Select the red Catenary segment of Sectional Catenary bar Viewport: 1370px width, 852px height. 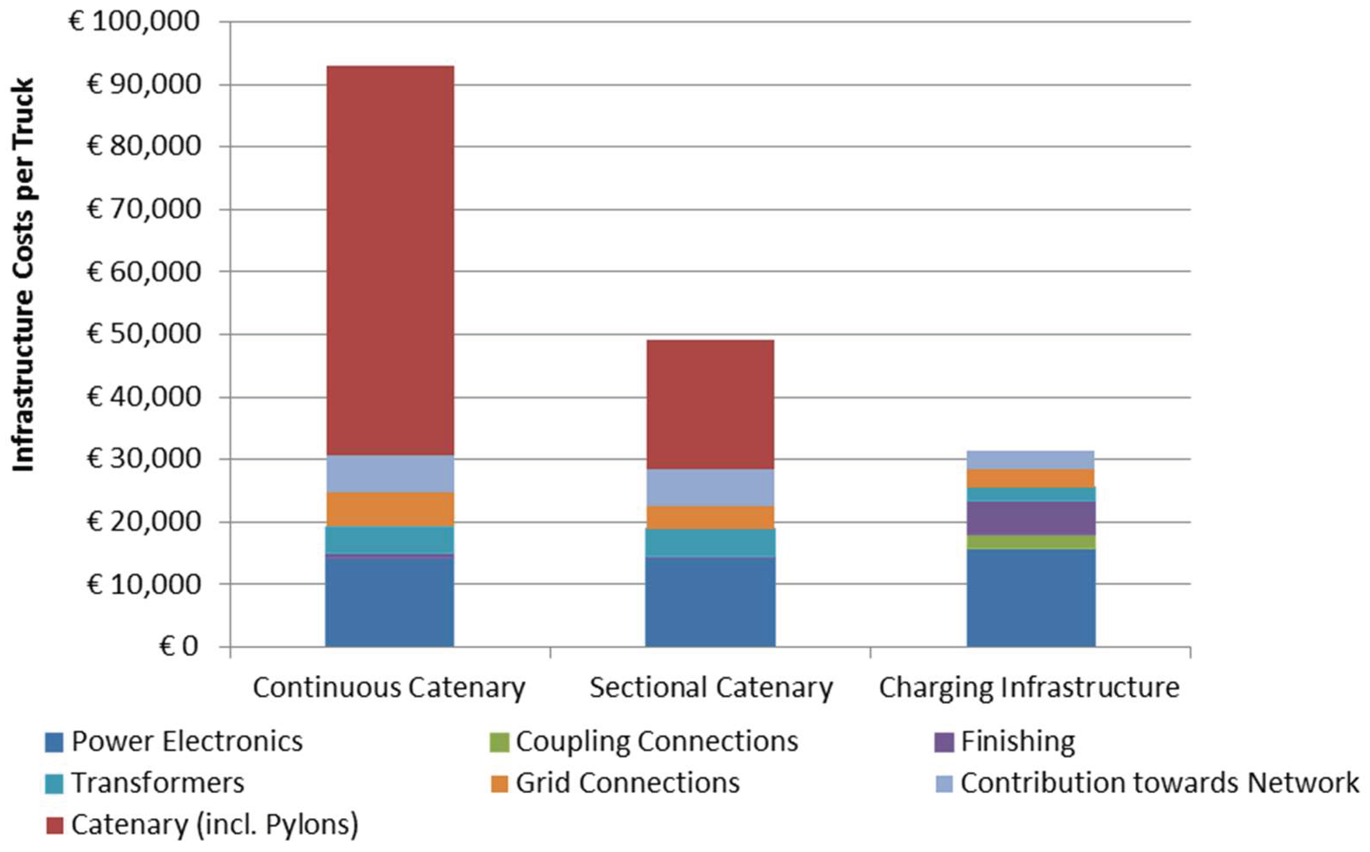[x=710, y=404]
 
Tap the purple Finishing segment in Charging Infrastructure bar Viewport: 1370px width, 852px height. [x=1031, y=518]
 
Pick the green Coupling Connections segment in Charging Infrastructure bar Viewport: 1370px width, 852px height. [x=1031, y=542]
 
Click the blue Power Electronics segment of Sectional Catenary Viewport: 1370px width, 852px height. [x=710, y=601]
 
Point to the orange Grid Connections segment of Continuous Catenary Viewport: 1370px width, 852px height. [x=390, y=509]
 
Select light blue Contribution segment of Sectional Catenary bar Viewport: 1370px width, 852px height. [x=710, y=487]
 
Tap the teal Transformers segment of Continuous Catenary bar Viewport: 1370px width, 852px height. [x=390, y=540]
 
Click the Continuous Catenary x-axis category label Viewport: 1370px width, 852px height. [x=389, y=688]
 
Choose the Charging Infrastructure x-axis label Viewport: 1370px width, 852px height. [x=1029, y=688]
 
